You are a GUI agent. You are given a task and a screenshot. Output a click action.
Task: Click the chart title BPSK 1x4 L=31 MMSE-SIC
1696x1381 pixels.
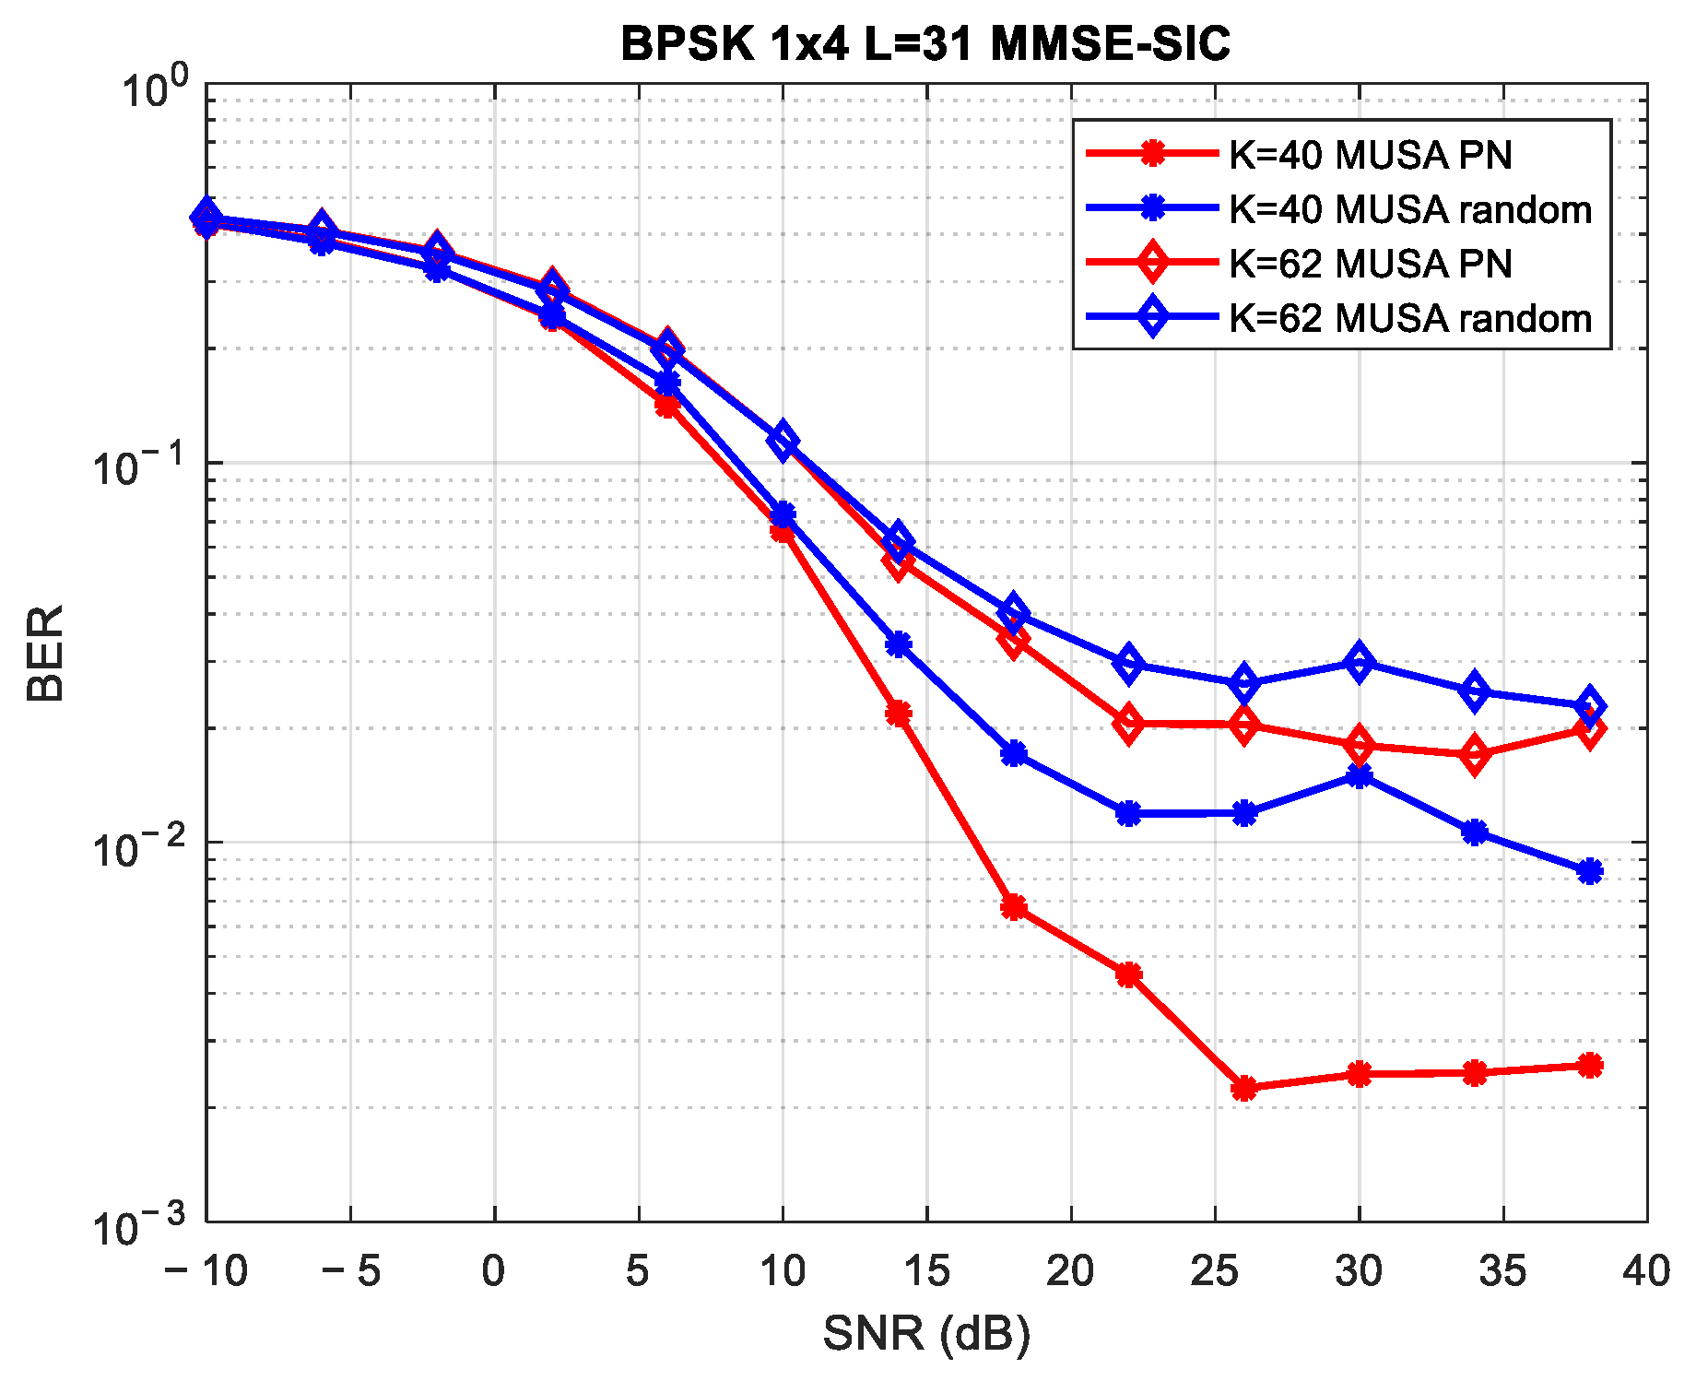point(925,44)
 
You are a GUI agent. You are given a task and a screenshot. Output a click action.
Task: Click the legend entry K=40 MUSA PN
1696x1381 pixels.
point(1370,155)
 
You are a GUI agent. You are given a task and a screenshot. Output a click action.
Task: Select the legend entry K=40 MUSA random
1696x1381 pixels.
point(1409,209)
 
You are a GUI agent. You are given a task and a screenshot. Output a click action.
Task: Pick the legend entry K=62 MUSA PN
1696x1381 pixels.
point(1370,264)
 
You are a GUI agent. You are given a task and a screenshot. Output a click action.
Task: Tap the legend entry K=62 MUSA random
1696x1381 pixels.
point(1409,318)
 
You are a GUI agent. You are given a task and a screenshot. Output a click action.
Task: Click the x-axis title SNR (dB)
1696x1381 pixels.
point(925,1333)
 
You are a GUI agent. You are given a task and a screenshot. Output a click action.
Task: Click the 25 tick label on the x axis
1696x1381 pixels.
point(1215,1271)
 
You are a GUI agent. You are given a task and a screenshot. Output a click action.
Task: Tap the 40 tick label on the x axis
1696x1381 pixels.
point(1646,1271)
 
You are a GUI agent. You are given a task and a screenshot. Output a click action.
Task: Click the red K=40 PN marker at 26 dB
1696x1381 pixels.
point(1244,1088)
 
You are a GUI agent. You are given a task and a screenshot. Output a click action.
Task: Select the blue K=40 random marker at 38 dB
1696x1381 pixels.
point(1589,871)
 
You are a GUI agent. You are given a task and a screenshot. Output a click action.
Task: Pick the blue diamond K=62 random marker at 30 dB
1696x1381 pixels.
point(1359,662)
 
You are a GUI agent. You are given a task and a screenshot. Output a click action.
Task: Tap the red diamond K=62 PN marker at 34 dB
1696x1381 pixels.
point(1474,755)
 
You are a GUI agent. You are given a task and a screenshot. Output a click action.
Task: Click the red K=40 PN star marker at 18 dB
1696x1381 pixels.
point(1014,908)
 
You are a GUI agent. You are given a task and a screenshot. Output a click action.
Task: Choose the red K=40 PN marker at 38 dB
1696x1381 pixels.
point(1589,1066)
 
